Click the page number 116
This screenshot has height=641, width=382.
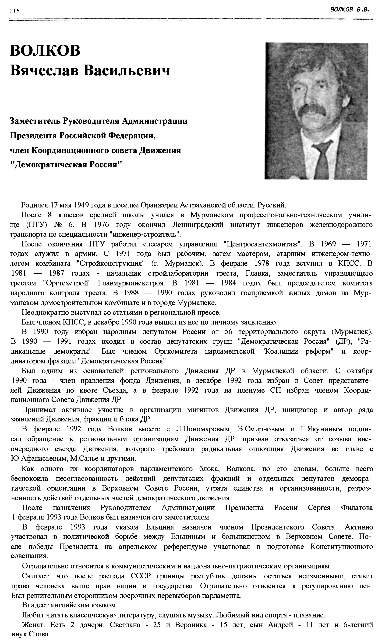tap(14, 11)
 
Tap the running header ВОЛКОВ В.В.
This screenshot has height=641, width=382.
tap(350, 10)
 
